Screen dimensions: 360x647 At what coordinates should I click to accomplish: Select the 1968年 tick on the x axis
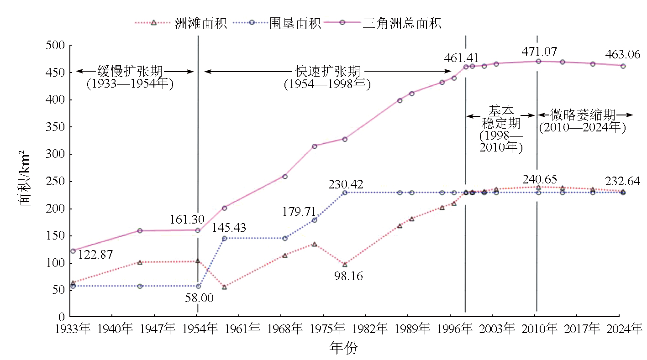(x=285, y=328)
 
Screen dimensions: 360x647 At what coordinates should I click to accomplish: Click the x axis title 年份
(x=344, y=348)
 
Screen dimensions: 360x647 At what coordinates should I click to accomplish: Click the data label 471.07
(x=540, y=51)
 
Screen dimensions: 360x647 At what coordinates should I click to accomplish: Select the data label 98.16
(x=346, y=276)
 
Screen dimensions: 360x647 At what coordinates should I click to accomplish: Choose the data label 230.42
(x=346, y=185)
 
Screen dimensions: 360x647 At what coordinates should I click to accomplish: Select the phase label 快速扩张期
(x=327, y=71)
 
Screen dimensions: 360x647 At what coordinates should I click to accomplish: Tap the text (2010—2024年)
(x=582, y=127)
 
